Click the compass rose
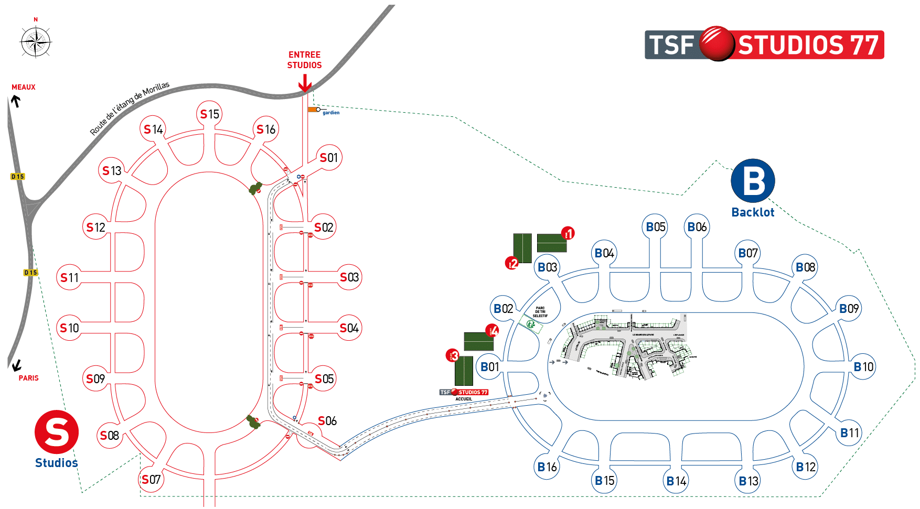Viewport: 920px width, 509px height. pos(36,41)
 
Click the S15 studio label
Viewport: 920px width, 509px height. pos(210,114)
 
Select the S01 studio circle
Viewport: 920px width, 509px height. pos(329,157)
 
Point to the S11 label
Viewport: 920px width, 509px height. pos(70,277)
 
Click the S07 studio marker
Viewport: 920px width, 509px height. pos(151,479)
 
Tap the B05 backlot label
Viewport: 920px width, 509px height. pos(655,227)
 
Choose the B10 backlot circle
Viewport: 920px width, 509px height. pos(863,366)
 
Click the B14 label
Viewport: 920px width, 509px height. pos(676,481)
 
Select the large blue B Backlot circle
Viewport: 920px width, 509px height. pos(753,181)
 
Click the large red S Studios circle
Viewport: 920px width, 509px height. pos(57,432)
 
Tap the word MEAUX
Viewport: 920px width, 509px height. pos(24,87)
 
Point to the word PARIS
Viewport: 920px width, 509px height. pos(28,378)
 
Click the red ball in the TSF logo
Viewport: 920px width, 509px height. pos(717,44)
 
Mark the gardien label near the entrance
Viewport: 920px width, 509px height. pos(330,113)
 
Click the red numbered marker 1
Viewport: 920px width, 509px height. pos(568,233)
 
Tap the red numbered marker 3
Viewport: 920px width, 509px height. pos(453,356)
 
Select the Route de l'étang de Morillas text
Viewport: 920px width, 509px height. pos(130,108)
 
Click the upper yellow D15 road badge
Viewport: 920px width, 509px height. pos(18,177)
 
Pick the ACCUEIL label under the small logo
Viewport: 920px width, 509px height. pos(464,399)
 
